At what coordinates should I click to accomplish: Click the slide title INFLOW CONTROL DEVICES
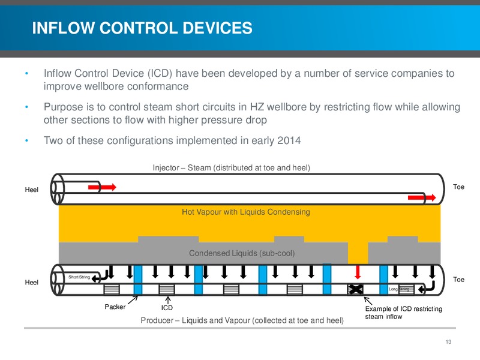142,28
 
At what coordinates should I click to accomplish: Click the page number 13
448,341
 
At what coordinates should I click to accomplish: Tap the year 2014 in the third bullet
289,140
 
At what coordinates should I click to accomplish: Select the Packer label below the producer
115,307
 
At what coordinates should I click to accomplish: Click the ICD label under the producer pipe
167,308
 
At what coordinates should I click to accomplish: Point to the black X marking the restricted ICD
355,289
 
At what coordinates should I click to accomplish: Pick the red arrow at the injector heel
102,187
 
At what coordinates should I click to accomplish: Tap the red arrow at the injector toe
422,197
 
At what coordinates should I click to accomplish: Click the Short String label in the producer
79,277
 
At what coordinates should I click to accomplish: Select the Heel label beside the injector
32,190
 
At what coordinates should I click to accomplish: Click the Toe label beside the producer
458,280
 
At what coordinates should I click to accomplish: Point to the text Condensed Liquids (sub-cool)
242,253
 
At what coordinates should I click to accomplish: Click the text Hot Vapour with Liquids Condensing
246,212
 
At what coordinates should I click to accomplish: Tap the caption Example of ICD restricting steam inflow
403,313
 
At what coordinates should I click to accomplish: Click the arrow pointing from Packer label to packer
133,300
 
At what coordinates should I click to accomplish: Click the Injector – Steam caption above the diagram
232,168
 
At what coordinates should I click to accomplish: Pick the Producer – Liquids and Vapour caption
242,320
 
